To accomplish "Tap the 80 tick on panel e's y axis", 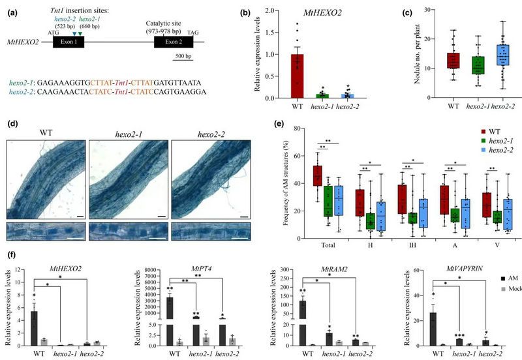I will tap(299, 128).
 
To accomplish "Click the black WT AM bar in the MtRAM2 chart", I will tap(302, 316).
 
